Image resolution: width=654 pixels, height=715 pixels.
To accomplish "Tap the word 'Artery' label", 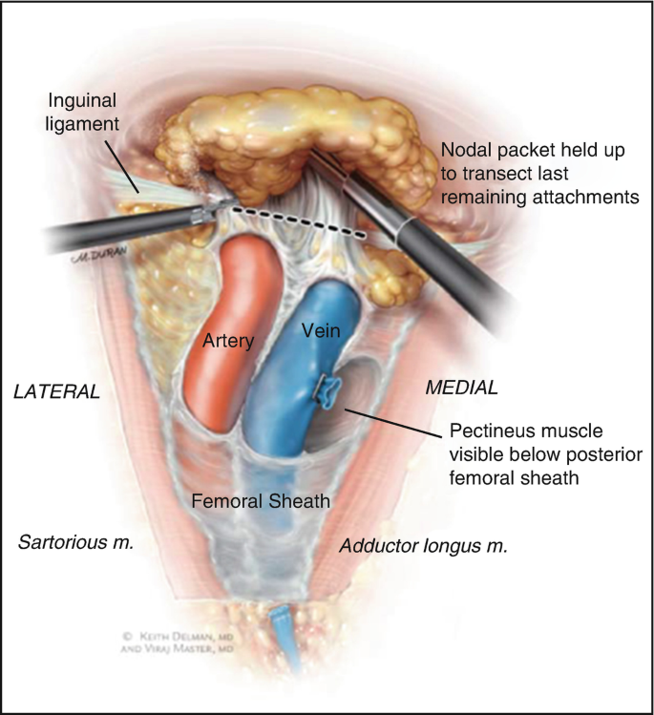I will pyautogui.click(x=228, y=340).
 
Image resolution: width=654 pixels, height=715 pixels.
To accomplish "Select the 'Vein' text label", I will pyautogui.click(x=322, y=330).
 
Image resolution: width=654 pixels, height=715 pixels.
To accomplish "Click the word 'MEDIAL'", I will pyautogui.click(x=462, y=387).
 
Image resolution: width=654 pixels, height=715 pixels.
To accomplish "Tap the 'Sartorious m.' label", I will pyautogui.click(x=75, y=542).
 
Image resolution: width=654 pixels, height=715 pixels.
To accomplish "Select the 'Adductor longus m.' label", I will pyautogui.click(x=423, y=546).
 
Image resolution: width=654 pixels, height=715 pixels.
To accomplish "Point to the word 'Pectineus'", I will pyautogui.click(x=482, y=431).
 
